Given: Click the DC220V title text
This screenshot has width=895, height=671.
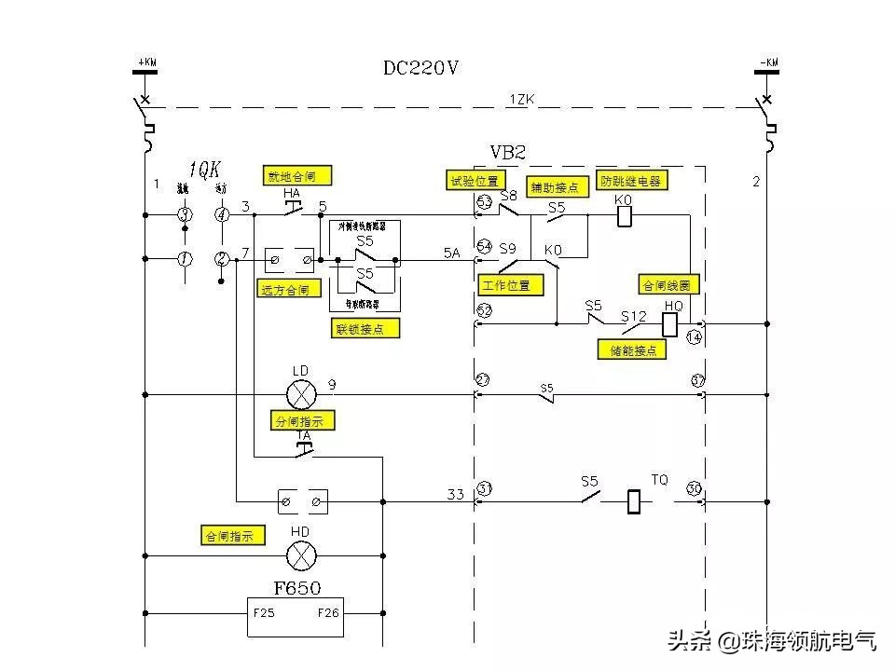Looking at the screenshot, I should (x=421, y=68).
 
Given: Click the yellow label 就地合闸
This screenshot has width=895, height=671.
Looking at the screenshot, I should (x=297, y=175).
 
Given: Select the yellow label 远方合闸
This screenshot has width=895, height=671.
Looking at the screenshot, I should (x=289, y=289).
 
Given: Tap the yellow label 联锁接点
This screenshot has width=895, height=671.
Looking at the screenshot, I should (x=366, y=328).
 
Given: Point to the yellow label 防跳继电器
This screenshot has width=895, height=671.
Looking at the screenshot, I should (x=631, y=181).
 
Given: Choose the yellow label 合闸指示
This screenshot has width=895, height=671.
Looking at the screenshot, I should (x=233, y=536).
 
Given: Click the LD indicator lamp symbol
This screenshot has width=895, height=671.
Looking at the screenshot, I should (x=301, y=394).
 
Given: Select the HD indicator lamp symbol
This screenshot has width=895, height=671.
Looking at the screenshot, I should (x=300, y=556).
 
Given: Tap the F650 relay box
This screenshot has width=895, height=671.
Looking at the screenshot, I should (x=296, y=614).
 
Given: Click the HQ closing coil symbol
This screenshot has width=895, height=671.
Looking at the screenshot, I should (x=670, y=323).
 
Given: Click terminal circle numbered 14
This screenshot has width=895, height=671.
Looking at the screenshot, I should (x=694, y=337).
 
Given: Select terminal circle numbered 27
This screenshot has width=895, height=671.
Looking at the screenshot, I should (x=483, y=379).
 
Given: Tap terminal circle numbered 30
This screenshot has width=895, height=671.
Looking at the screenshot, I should (x=694, y=488).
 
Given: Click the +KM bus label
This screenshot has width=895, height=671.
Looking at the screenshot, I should (x=146, y=63).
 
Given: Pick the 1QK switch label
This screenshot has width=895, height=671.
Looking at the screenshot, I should (x=204, y=170).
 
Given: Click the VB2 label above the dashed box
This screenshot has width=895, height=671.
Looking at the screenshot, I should (x=509, y=152).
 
